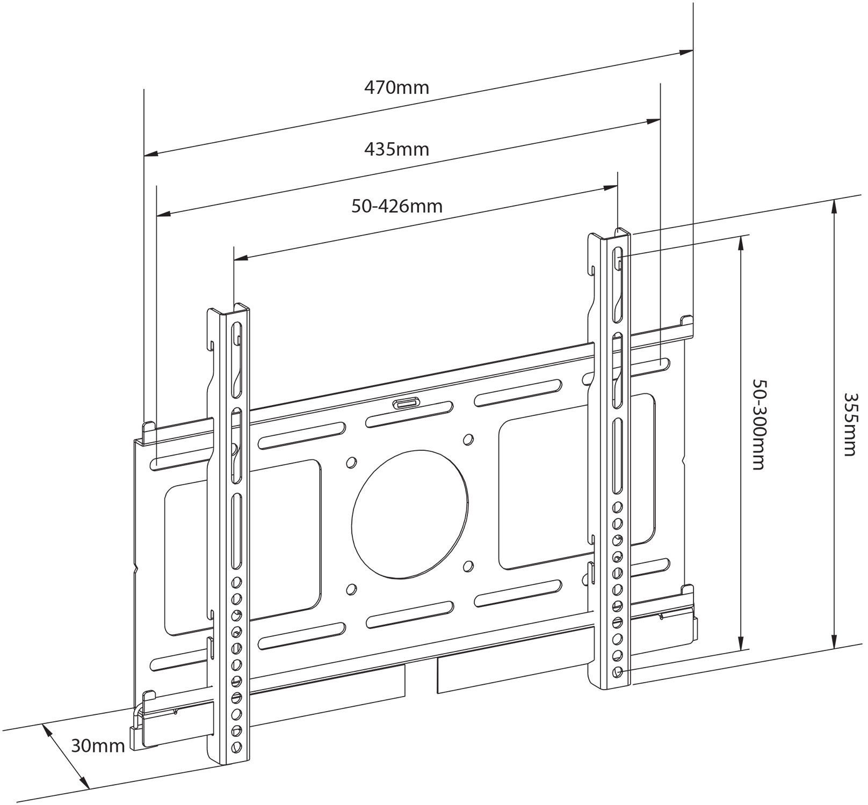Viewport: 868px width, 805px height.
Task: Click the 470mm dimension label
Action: [x=396, y=87]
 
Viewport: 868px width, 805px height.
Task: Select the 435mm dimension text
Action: [x=396, y=148]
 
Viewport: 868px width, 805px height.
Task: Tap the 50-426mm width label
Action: [x=397, y=206]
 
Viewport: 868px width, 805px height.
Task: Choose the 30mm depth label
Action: [x=98, y=745]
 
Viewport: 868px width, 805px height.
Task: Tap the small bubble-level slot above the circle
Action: [x=406, y=404]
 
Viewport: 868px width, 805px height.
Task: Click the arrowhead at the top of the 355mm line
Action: [x=834, y=207]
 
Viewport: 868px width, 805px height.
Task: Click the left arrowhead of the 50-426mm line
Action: [x=241, y=258]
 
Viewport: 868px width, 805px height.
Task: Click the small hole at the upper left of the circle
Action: [x=351, y=462]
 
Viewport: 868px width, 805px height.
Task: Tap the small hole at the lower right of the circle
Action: [x=468, y=566]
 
